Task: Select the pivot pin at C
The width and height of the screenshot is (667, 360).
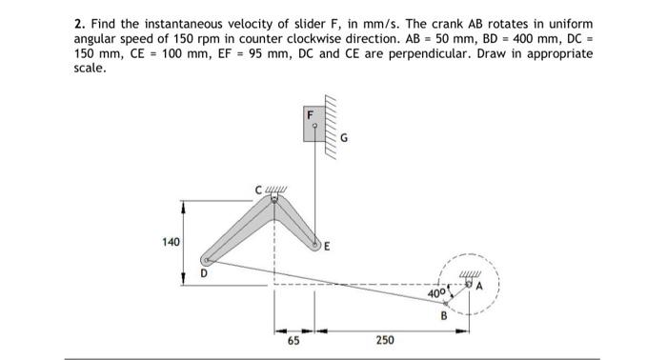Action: (x=275, y=199)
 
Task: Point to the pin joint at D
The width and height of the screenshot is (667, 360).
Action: (x=207, y=259)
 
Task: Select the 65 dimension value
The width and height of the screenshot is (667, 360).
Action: (x=294, y=338)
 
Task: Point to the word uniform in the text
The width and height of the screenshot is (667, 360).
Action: (x=569, y=22)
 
